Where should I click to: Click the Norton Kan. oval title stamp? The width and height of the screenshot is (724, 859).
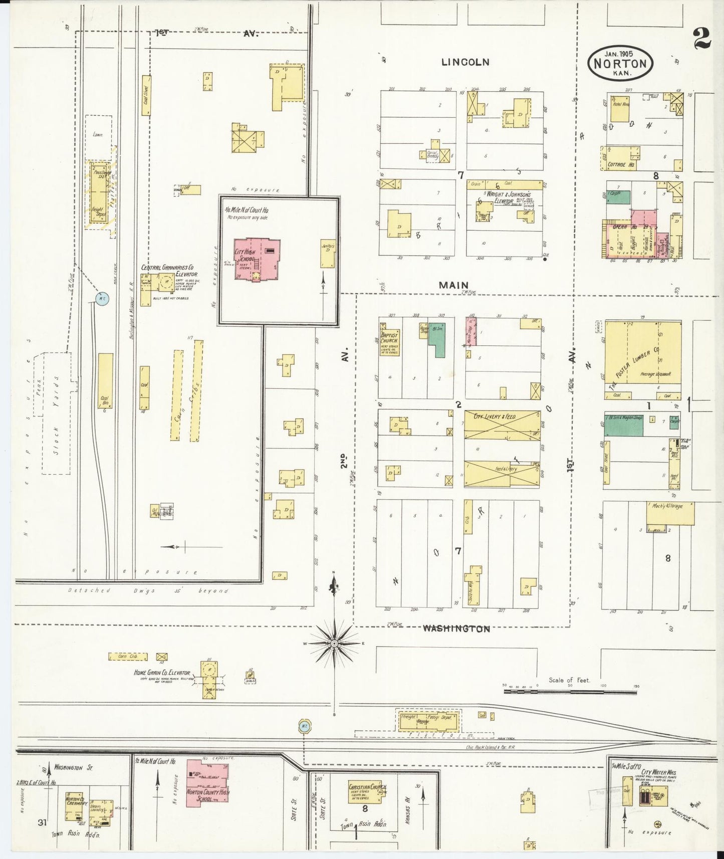(x=620, y=63)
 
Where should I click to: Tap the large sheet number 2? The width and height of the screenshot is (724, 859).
(x=702, y=38)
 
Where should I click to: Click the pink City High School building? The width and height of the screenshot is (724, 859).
(x=257, y=259)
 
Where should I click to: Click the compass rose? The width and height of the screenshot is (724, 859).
(x=334, y=643)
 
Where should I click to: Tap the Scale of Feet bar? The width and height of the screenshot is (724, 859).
(x=570, y=692)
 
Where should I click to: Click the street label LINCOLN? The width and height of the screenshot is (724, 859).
(x=465, y=62)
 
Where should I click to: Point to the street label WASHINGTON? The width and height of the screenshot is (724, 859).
(x=456, y=628)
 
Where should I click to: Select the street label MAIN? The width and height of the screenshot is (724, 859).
(x=453, y=285)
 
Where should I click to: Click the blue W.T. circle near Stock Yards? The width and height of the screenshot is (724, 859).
(x=102, y=299)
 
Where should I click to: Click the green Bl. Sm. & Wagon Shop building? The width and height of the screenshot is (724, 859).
(x=624, y=424)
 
